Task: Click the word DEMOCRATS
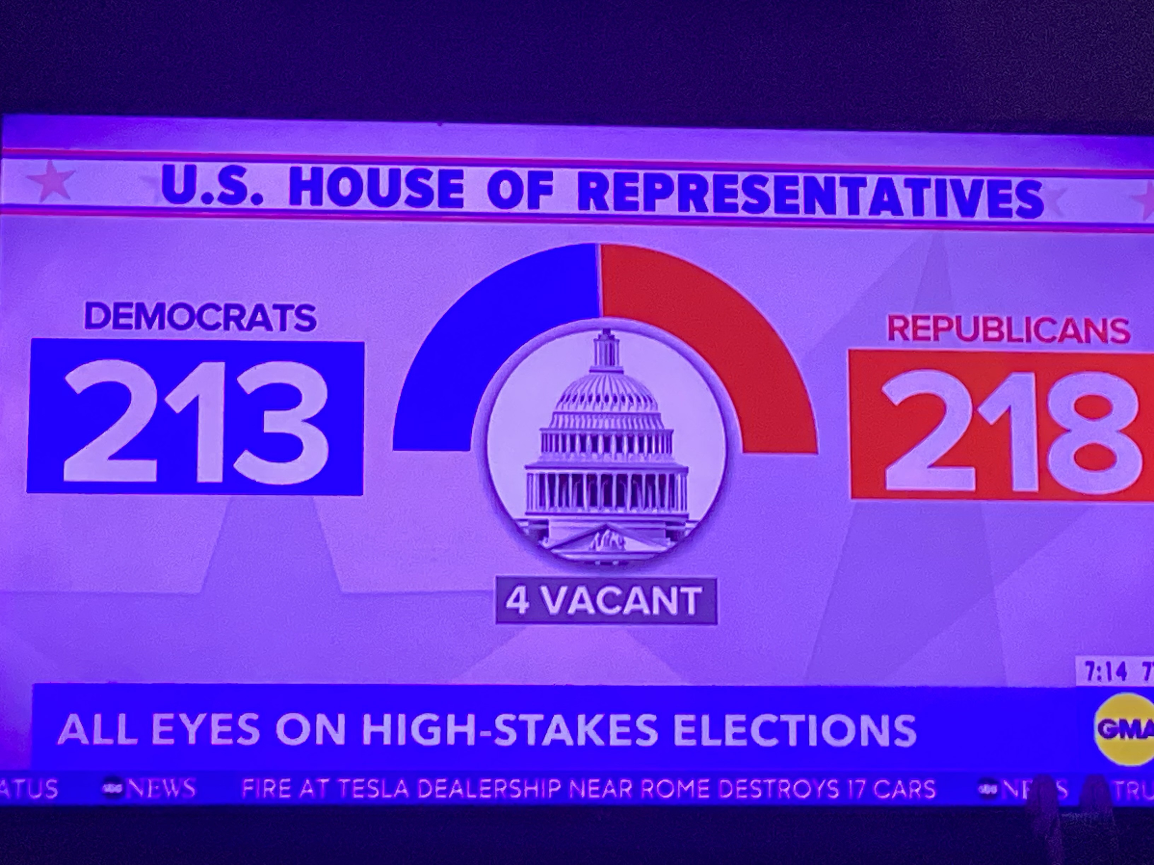pyautogui.click(x=200, y=317)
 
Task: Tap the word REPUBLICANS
pyautogui.click(x=1008, y=329)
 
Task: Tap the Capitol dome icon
pyautogui.click(x=606, y=448)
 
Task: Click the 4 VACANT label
pyautogui.click(x=605, y=601)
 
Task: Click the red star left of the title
pyautogui.click(x=51, y=181)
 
